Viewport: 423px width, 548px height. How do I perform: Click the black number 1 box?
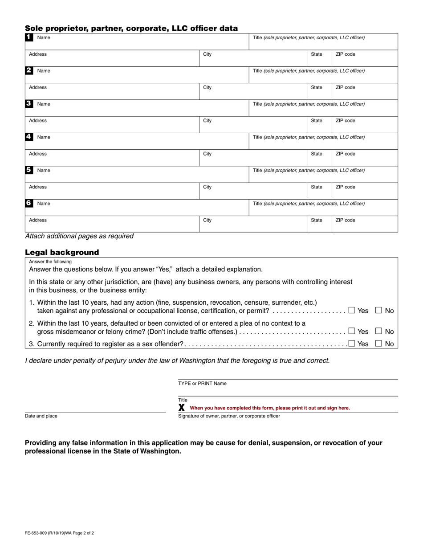28,37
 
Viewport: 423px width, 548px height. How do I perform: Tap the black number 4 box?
28,137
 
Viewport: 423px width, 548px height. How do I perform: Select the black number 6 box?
28,203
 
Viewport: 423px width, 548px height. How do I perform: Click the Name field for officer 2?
134,74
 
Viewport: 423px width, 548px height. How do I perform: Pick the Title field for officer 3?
323,108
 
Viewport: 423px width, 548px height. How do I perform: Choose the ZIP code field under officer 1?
364,58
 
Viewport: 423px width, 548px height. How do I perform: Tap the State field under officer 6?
319,224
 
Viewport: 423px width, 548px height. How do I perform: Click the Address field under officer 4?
111,158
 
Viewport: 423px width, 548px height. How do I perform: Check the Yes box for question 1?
352,311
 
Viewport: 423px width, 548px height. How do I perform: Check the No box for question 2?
379,331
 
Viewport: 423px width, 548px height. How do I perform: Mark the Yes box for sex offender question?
352,344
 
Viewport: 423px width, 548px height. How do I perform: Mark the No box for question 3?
379,344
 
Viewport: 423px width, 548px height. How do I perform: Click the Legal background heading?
62,252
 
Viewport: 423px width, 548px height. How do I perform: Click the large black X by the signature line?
182,407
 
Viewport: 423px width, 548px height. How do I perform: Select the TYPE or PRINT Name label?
202,383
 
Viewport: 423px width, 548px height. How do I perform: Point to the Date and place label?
41,416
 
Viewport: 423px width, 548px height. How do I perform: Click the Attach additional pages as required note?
79,236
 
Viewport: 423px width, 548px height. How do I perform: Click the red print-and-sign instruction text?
270,408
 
